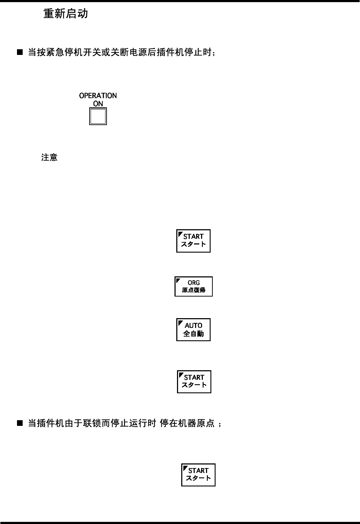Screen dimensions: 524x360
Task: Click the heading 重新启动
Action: pos(65,14)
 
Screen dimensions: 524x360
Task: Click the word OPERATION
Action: pos(98,96)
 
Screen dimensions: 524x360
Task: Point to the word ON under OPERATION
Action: pos(98,104)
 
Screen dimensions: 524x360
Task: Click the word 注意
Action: pos(50,157)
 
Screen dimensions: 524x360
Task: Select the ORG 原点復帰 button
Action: pos(194,286)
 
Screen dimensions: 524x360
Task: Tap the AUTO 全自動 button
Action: pos(194,329)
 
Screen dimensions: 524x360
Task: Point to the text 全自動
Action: pos(194,334)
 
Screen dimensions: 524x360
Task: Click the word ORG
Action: pos(194,283)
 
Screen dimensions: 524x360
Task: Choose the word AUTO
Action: pos(194,325)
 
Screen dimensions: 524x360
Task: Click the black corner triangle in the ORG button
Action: pos(178,280)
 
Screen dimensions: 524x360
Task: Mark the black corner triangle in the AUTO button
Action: pos(180,322)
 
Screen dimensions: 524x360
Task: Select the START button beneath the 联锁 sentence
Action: pos(198,475)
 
